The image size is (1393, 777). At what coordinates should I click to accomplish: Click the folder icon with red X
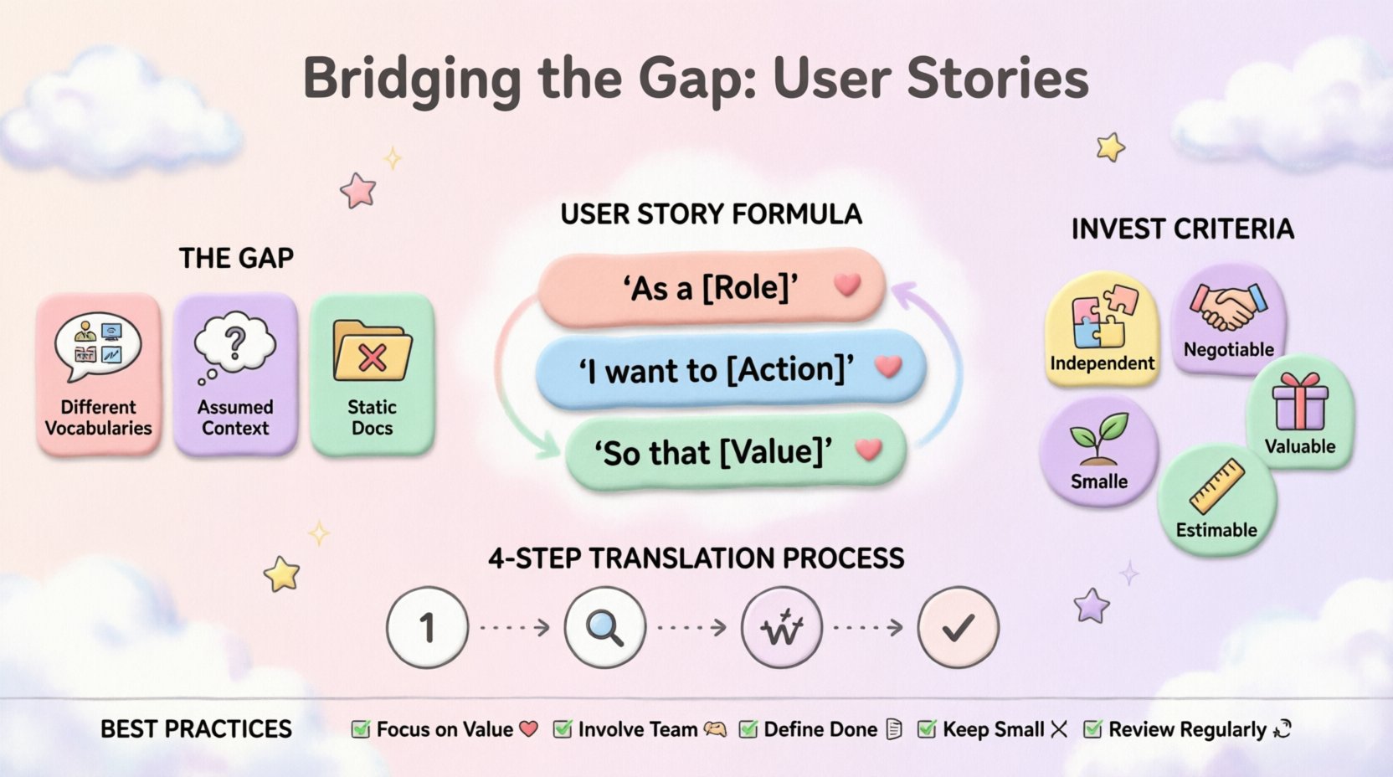pos(372,352)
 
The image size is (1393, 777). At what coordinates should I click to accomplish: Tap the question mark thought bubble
pos(234,344)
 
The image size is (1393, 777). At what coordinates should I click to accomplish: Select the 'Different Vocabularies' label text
pos(98,417)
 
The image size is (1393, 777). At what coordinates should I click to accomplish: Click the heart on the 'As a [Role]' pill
pos(847,285)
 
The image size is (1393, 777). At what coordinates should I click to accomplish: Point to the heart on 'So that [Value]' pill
pos(869,450)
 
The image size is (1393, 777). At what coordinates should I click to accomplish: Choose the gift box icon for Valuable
pos(1299,402)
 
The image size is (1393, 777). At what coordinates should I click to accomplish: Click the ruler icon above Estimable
pos(1216,486)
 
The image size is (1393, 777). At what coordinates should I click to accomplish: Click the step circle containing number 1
pos(427,627)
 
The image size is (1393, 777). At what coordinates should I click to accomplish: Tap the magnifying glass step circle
pos(604,627)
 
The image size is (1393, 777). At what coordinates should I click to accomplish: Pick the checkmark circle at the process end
pos(958,627)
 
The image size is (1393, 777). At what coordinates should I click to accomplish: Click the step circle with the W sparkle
pos(782,627)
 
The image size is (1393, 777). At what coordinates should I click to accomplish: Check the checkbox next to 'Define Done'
pos(748,729)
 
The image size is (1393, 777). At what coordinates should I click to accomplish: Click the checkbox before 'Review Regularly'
pos(1092,729)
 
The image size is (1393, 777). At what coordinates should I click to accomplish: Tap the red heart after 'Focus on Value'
pos(528,728)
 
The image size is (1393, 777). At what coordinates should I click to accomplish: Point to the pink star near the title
pos(358,191)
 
